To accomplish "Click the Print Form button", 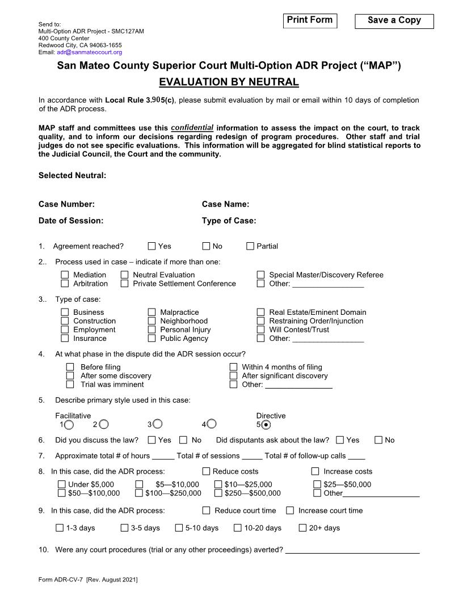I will click(309, 21).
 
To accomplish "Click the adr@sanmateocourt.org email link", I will click(90, 52).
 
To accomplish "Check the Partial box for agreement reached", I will click(250, 246).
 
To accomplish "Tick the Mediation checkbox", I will click(65, 275).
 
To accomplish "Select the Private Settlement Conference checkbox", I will click(125, 284).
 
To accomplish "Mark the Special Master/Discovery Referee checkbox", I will click(261, 275).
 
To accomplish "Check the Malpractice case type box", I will click(152, 313).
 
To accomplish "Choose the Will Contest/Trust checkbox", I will click(261, 330).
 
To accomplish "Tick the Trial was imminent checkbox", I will click(70, 385).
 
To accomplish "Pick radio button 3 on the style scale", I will click(158, 424).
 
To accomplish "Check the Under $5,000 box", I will click(61, 484).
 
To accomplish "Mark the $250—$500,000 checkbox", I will click(218, 493).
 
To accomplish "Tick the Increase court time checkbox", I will click(290, 511).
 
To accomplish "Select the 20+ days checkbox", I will click(302, 528).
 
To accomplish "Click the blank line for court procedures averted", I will click(352, 550).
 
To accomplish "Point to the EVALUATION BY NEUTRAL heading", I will click(229, 82).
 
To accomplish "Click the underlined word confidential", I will click(192, 128).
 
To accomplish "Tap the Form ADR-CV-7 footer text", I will click(88, 580).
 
